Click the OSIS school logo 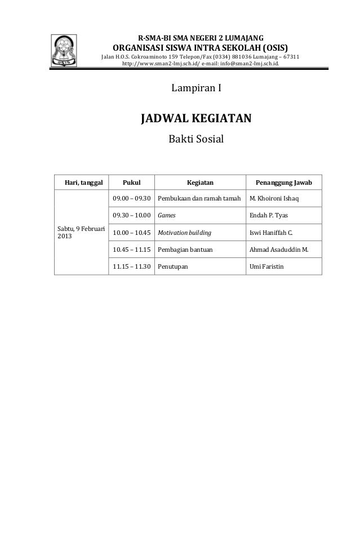click(66, 50)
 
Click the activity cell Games click(166, 215)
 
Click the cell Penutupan click(173, 266)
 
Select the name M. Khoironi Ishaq click(274, 199)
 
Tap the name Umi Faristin click(267, 266)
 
